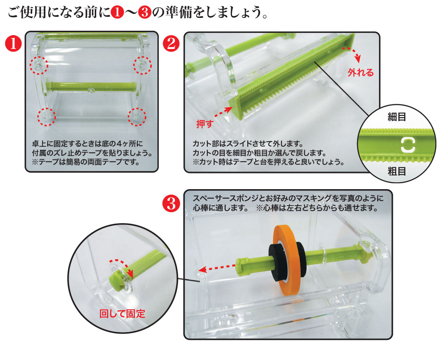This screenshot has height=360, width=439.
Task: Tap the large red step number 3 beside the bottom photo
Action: point(171,203)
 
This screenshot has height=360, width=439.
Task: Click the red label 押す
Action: point(205,124)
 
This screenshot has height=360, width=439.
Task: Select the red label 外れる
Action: point(360,72)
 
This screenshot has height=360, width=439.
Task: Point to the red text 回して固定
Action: point(122,314)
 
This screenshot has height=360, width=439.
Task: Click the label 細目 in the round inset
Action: point(397,117)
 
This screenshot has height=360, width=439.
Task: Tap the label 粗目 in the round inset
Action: point(397,171)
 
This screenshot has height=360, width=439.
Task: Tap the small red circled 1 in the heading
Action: point(117,12)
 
